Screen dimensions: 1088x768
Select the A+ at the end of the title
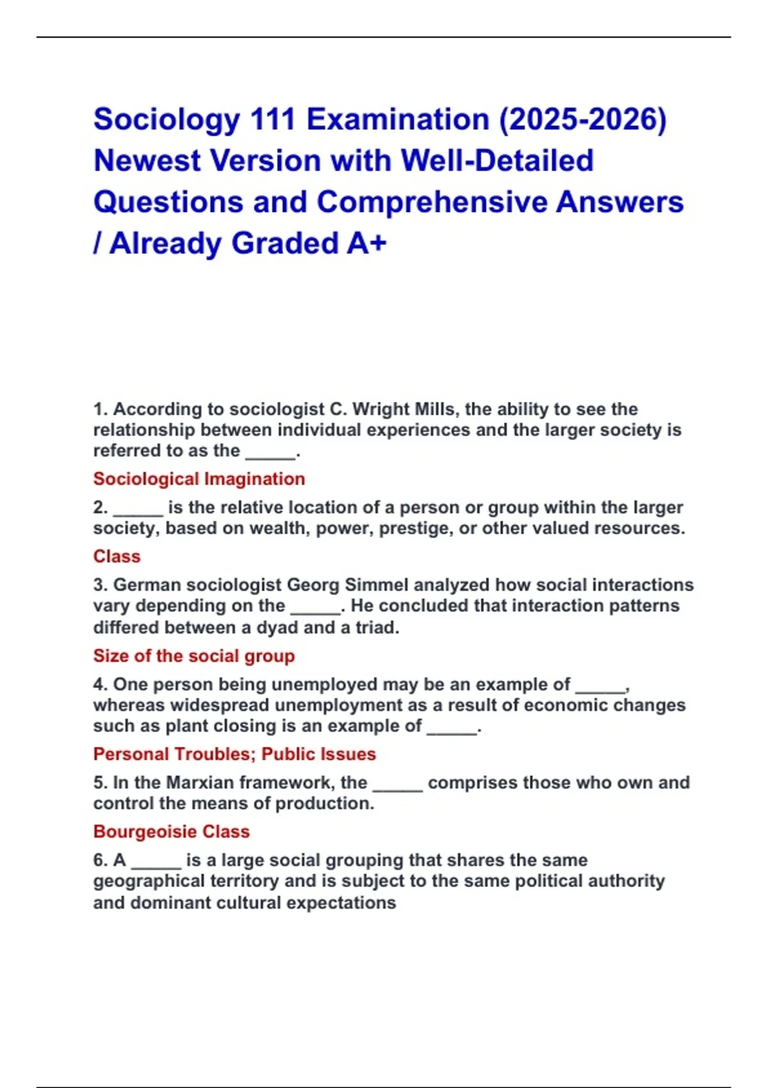coord(367,243)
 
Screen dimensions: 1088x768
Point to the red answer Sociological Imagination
coord(199,479)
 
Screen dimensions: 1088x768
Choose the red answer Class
coord(116,556)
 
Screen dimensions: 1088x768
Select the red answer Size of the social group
coord(194,656)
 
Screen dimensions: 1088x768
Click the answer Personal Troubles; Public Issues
coord(234,754)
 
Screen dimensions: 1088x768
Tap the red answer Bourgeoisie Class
coord(172,831)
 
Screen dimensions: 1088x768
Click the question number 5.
coord(100,783)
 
